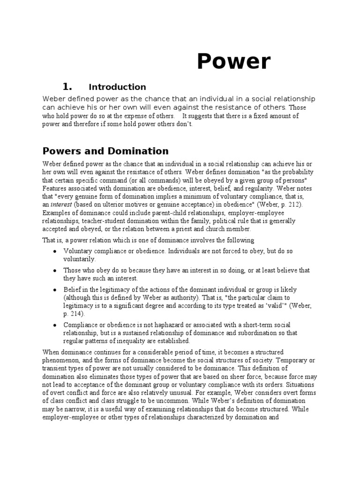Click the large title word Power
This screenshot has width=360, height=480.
(x=233, y=62)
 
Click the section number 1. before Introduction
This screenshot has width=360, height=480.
(x=67, y=86)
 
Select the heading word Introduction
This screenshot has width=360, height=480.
(x=117, y=87)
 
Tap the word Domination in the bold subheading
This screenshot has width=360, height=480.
(x=139, y=151)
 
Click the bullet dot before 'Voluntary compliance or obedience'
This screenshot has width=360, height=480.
(x=55, y=251)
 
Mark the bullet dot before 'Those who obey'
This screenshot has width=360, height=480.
(x=55, y=270)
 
